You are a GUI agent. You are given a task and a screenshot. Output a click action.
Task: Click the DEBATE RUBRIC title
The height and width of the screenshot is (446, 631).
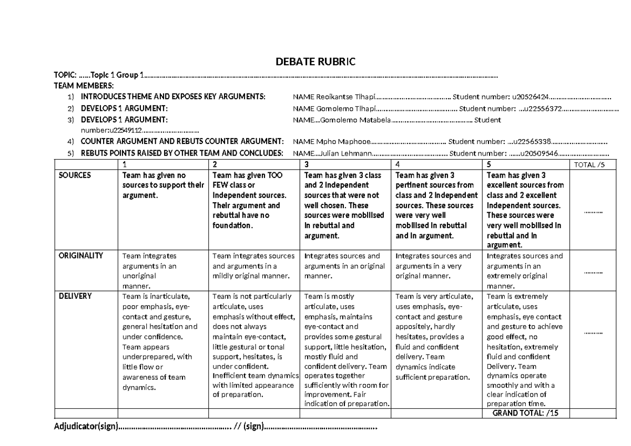click(x=315, y=62)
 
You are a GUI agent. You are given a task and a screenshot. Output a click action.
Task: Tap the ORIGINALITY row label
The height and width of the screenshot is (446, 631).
click(x=80, y=256)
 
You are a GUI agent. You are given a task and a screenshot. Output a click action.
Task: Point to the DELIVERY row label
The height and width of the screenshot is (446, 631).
click(x=75, y=296)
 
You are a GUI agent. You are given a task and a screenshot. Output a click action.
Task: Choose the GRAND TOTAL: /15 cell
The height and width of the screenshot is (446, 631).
click(x=525, y=413)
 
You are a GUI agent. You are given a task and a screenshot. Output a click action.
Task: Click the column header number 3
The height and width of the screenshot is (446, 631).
click(x=307, y=164)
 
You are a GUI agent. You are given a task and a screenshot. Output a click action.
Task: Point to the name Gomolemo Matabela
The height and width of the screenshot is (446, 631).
click(x=355, y=120)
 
